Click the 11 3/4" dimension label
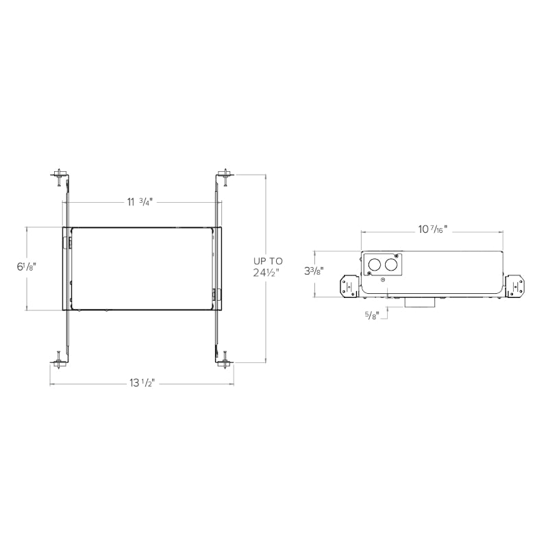[x=140, y=202]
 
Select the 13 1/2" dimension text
[x=142, y=384]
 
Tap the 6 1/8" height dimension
[x=27, y=267]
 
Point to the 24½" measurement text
[x=266, y=273]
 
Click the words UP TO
[x=268, y=261]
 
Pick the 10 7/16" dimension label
[x=433, y=229]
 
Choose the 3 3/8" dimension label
[x=314, y=271]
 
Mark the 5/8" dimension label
[x=372, y=316]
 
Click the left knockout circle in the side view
[x=375, y=264]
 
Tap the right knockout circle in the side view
[x=390, y=264]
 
